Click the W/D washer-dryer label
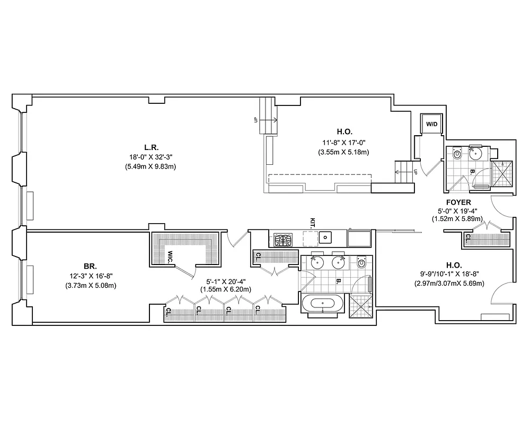point(432,124)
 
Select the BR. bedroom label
point(90,267)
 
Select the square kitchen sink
point(325,237)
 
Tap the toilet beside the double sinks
point(363,262)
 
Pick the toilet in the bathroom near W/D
point(457,154)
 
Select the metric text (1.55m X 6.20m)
point(226,289)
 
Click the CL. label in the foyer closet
point(468,238)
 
